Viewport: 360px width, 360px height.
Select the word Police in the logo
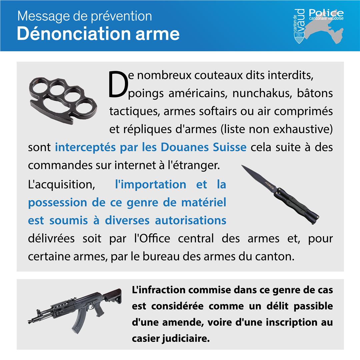(x=326, y=13)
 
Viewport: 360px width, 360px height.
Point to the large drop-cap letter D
(x=117, y=85)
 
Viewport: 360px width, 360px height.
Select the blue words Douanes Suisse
(x=204, y=147)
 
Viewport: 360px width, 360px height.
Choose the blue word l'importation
(x=150, y=184)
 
